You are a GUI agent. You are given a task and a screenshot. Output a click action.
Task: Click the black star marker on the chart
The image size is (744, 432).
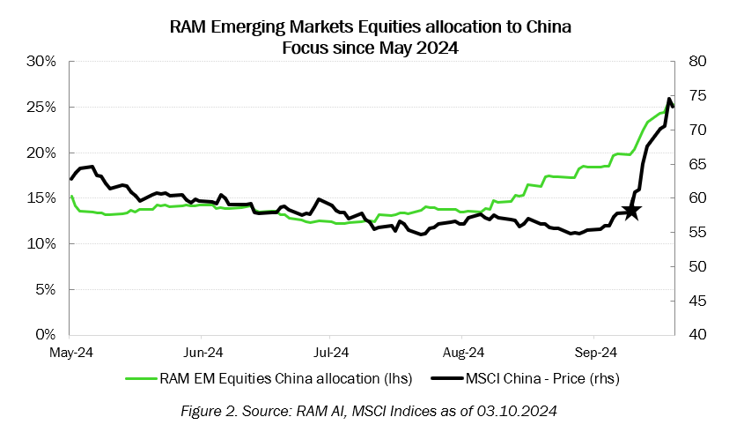(631, 212)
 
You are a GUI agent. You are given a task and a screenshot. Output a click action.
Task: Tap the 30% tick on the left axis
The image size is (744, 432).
(41, 62)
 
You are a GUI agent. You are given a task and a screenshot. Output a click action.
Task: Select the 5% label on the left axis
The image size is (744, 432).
(45, 289)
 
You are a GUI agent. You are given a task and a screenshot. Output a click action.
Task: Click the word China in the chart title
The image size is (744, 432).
(549, 27)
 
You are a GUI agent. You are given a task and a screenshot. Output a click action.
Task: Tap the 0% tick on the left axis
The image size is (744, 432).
(45, 335)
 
